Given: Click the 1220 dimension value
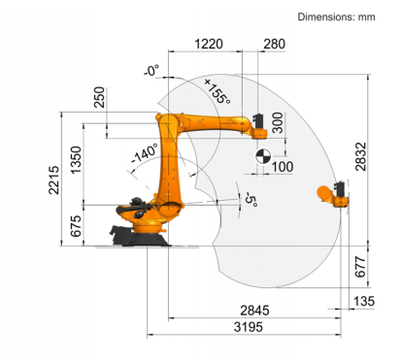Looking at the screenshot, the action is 209,44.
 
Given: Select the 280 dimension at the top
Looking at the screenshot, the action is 274,44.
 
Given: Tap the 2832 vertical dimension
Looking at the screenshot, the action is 361,156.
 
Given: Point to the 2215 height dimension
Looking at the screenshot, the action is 54,180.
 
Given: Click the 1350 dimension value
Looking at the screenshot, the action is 76,160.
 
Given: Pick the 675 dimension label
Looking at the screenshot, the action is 76,226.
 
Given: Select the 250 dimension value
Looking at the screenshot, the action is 99,97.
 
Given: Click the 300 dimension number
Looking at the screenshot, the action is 278,122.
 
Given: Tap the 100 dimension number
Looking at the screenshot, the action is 283,167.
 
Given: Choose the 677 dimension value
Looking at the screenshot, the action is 360,267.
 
